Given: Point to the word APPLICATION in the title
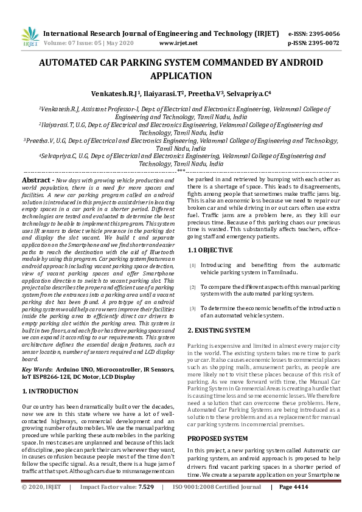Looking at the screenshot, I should pyautogui.click(x=181, y=76).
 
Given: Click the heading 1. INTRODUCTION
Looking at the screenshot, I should pyautogui.click(x=50, y=392).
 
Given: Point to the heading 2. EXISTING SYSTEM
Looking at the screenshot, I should pyautogui.click(x=218, y=330).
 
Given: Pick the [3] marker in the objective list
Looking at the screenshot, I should pyautogui.click(x=192, y=308).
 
